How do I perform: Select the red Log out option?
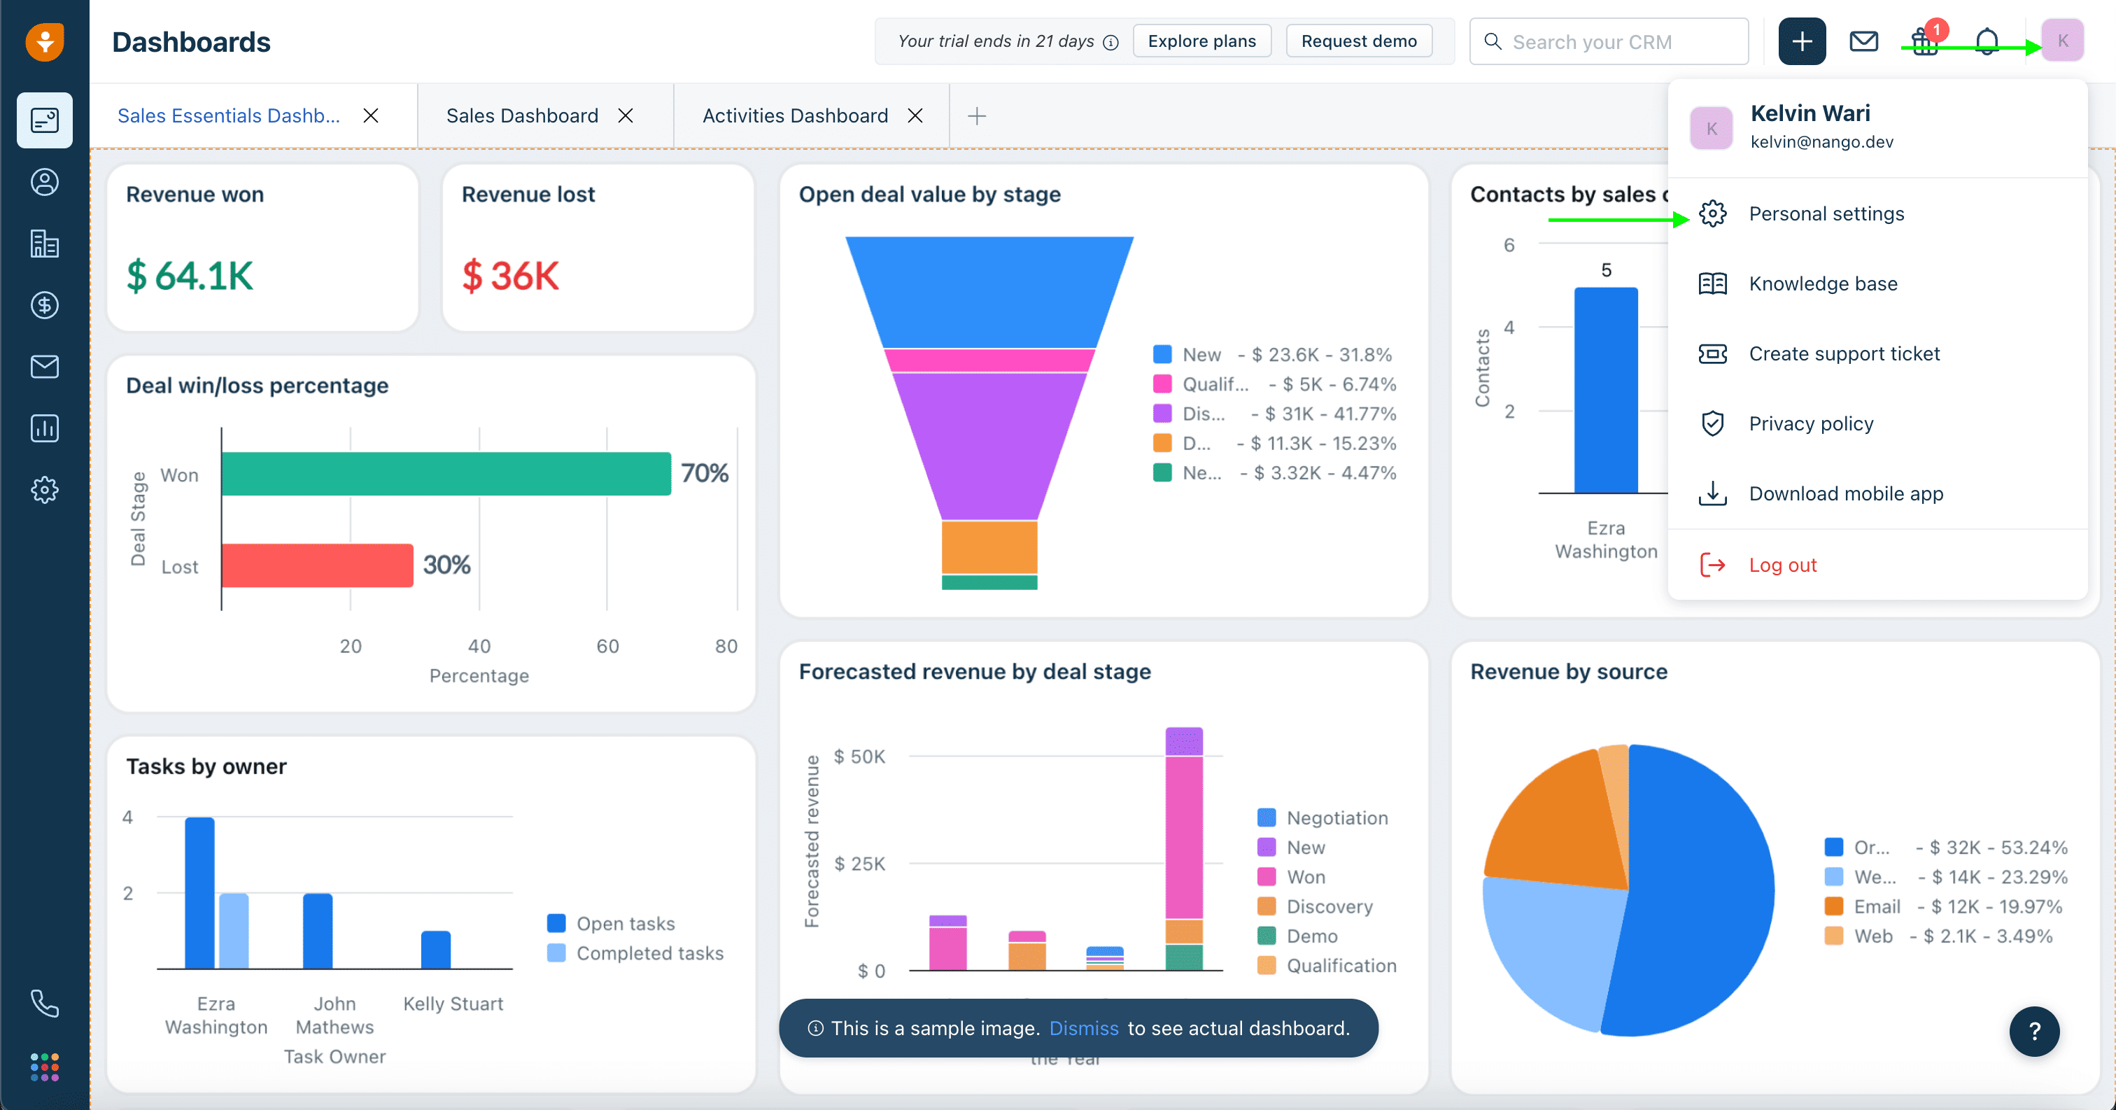tap(1782, 565)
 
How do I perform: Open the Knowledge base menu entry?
tap(1822, 284)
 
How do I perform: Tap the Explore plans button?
tap(1201, 41)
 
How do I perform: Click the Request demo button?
tap(1359, 41)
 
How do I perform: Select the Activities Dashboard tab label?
tap(794, 116)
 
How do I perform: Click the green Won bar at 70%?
tap(446, 474)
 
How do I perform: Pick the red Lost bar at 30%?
tap(317, 565)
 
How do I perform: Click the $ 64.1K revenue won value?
tap(190, 276)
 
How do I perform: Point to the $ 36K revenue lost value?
tap(510, 276)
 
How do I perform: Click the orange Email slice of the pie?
tap(1553, 830)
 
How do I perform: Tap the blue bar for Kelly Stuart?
tap(435, 950)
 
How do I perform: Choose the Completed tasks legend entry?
tap(649, 953)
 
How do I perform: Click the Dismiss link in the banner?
tap(1083, 1029)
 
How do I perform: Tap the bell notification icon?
tap(1987, 41)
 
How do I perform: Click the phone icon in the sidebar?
tap(44, 1003)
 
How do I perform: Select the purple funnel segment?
tap(989, 444)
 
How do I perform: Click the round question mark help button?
tap(2034, 1032)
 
